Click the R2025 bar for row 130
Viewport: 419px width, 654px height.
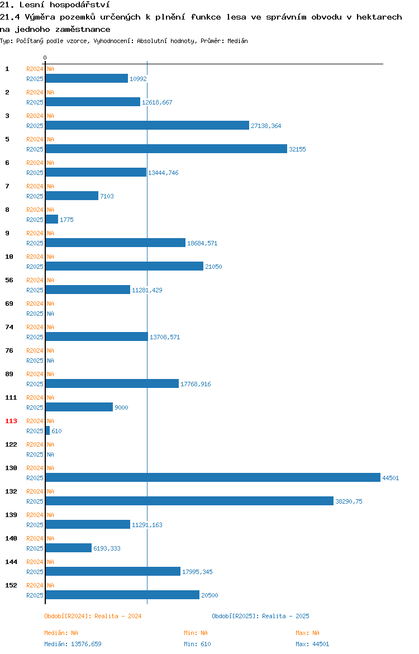pyautogui.click(x=213, y=477)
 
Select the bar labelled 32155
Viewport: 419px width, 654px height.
pyautogui.click(x=166, y=149)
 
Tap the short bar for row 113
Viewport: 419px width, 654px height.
pyautogui.click(x=47, y=431)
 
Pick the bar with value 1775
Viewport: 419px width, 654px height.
pyautogui.click(x=52, y=219)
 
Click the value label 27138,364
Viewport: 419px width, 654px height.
pyautogui.click(x=266, y=126)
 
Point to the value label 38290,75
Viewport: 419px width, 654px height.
pyautogui.click(x=349, y=501)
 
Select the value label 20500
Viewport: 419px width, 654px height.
pyautogui.click(x=209, y=595)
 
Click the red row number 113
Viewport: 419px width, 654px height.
pyautogui.click(x=11, y=421)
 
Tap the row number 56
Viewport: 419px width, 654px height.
pyautogui.click(x=9, y=280)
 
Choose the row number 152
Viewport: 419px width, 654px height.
pyautogui.click(x=11, y=585)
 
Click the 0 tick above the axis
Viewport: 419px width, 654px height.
pyautogui.click(x=45, y=58)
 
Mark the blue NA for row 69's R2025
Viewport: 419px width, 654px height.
pyautogui.click(x=50, y=314)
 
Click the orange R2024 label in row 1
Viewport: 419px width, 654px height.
pyautogui.click(x=35, y=69)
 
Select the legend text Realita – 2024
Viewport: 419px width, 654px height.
pyautogui.click(x=118, y=616)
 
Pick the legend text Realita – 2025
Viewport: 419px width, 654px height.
pyautogui.click(x=285, y=616)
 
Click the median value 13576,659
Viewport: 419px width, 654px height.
pyautogui.click(x=86, y=644)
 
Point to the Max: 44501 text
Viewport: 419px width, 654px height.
pyautogui.click(x=312, y=644)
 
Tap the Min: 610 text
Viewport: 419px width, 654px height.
pyautogui.click(x=197, y=644)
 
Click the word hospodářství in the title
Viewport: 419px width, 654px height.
pyautogui.click(x=80, y=5)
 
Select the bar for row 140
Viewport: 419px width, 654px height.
pyautogui.click(x=68, y=548)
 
